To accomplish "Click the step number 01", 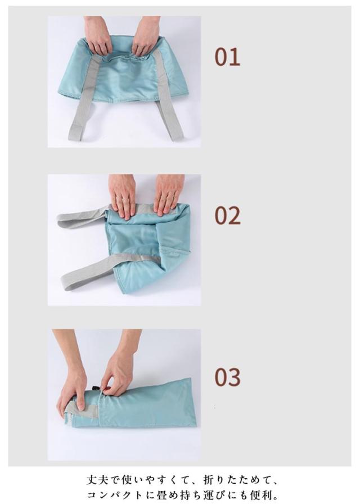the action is point(227,57).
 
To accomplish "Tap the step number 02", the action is point(228,215).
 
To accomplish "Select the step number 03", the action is point(228,377).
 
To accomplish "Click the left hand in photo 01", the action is point(98,35).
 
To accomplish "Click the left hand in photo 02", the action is point(123,197).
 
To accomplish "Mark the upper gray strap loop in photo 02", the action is point(84,217).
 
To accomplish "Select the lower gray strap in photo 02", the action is point(109,269).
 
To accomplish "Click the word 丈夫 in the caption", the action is point(98,480).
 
